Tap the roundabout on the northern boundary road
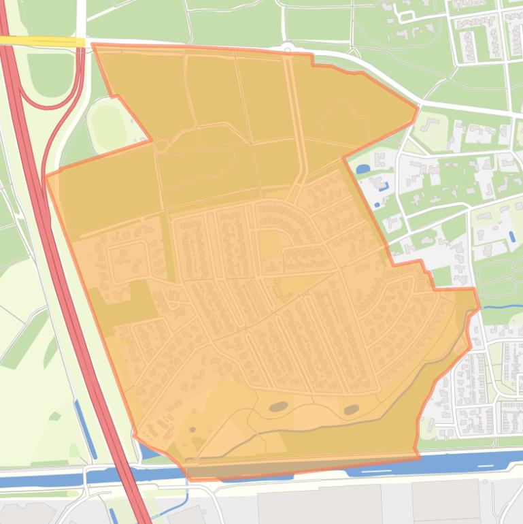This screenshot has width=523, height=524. (x=288, y=48)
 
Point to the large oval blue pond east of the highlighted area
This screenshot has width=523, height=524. (x=363, y=168)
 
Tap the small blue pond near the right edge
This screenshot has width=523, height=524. (x=511, y=236)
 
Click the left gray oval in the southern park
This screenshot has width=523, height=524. (x=278, y=407)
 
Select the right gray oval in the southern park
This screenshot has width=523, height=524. (x=352, y=410)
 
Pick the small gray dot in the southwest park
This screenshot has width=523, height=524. (x=192, y=429)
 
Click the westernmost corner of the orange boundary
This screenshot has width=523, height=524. (x=46, y=176)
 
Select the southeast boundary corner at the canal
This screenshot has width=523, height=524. (x=416, y=455)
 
